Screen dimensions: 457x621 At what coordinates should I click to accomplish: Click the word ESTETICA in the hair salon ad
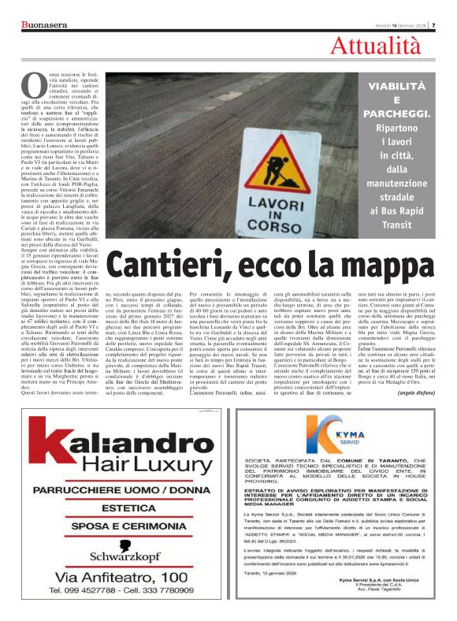coord(116,508)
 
